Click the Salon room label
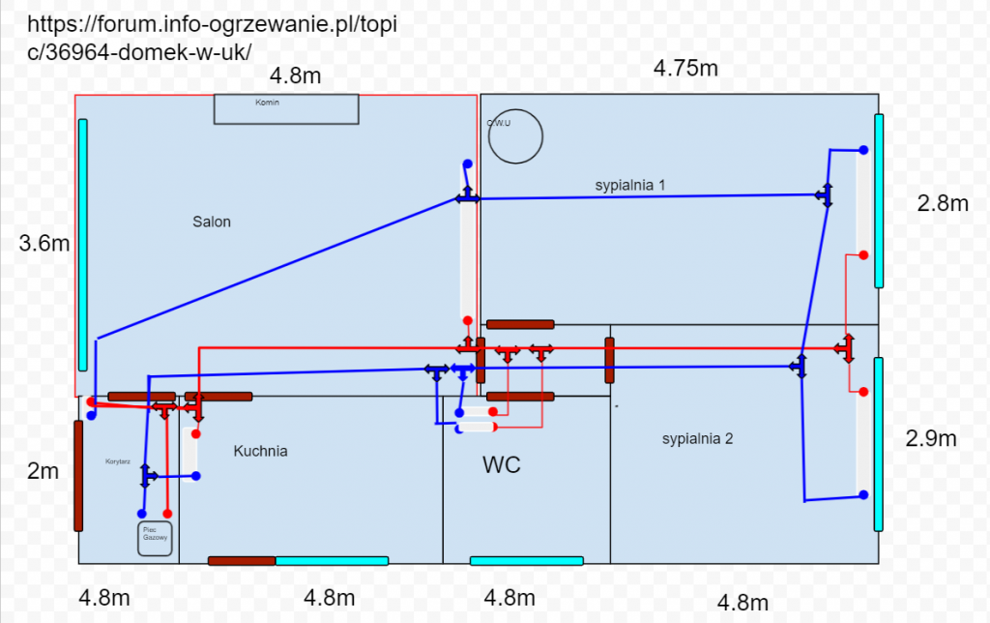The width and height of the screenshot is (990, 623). click(212, 222)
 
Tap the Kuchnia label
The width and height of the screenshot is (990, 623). click(260, 451)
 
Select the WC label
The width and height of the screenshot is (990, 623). click(502, 465)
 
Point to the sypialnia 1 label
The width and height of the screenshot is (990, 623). click(629, 184)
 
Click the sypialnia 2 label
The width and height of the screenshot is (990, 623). click(697, 439)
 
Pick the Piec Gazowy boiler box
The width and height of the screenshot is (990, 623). click(156, 539)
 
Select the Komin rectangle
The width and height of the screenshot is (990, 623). click(286, 108)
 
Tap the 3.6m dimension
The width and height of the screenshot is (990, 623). click(44, 244)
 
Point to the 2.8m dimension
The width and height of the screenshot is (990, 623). click(942, 203)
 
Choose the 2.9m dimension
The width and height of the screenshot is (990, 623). click(931, 438)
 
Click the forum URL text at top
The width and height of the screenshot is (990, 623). click(213, 38)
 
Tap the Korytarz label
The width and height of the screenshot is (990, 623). click(118, 462)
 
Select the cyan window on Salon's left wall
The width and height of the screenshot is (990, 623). click(83, 245)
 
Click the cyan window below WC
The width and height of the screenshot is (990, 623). click(526, 561)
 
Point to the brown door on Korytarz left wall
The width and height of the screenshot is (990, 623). click(78, 475)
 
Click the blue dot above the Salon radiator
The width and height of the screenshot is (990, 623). click(467, 164)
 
